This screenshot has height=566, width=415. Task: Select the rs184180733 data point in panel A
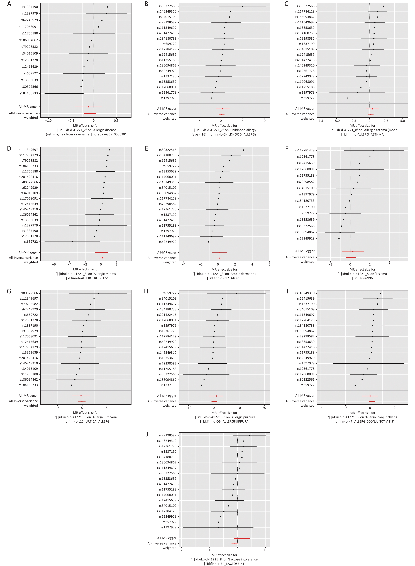[x=64, y=93]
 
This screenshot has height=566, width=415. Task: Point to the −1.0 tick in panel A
[x=48, y=120]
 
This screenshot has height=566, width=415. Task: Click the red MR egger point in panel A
[x=88, y=107]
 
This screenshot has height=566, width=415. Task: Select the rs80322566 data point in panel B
[x=242, y=6]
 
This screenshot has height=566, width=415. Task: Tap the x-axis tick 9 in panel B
[x=265, y=120]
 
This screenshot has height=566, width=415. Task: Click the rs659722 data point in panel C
[x=347, y=98]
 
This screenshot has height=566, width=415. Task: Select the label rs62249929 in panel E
[x=168, y=241]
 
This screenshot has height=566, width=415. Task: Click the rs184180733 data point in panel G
[x=71, y=385]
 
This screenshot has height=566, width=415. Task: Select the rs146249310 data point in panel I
[x=381, y=293]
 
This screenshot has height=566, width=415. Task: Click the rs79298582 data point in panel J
[x=249, y=435]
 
